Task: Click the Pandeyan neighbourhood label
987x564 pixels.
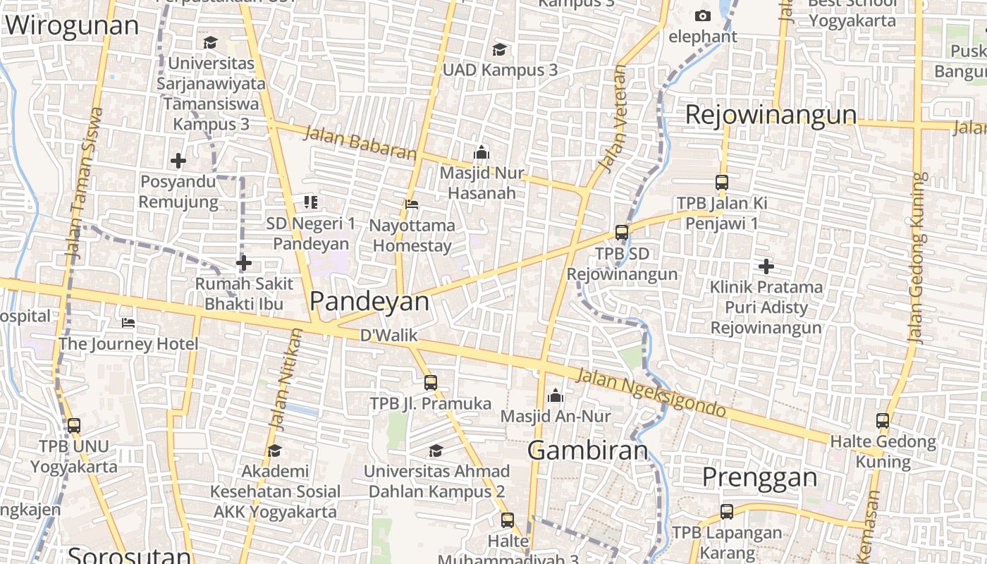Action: point(369,302)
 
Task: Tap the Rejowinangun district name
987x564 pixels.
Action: point(771,115)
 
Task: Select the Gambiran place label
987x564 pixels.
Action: point(587,450)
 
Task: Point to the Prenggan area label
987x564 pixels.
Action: point(759,478)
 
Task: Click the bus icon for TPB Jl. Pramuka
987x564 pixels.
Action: point(431,383)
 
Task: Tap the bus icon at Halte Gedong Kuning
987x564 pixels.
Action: point(883,421)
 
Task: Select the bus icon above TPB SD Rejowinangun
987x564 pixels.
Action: point(621,232)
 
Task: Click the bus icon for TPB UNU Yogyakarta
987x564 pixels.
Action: point(74,426)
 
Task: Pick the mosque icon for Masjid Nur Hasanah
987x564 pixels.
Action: point(482,152)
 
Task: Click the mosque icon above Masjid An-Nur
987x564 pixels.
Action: point(556,396)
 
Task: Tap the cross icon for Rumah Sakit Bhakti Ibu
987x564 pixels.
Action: point(244,264)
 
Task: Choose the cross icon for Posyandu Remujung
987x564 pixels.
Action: point(178,161)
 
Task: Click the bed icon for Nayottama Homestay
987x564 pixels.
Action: point(412,204)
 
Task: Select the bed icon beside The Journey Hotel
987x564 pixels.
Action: point(128,323)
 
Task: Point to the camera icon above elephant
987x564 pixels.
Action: point(702,16)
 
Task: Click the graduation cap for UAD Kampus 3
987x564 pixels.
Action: point(499,49)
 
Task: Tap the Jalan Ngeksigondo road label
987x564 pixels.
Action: point(651,393)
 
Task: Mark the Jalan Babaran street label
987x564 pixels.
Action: point(360,142)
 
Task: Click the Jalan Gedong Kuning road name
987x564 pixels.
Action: point(916,257)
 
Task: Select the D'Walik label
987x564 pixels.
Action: point(389,336)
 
